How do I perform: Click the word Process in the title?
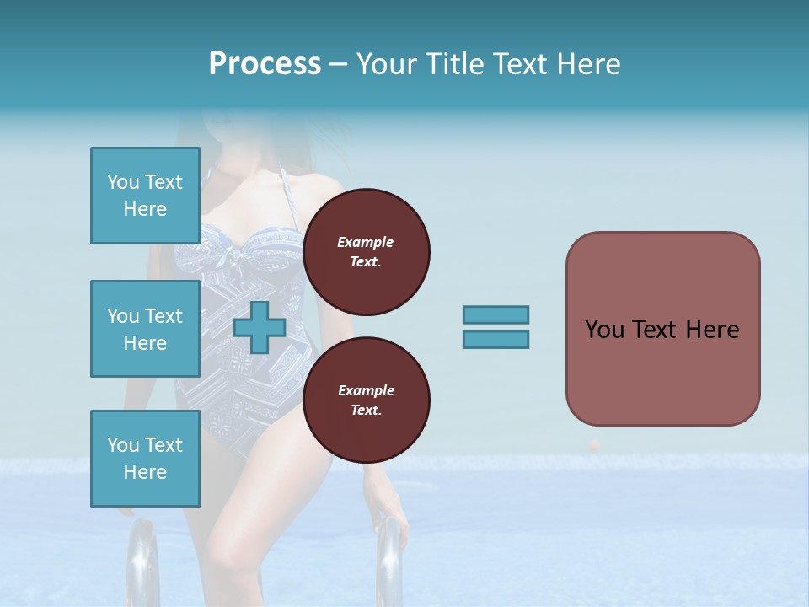(x=265, y=64)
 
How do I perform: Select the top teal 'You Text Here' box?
(x=145, y=196)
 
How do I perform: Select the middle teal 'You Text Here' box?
(x=145, y=329)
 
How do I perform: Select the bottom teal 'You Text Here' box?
(x=145, y=458)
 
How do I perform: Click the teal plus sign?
(x=260, y=327)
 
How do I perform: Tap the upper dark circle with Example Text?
(x=366, y=252)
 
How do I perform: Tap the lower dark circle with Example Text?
(x=366, y=400)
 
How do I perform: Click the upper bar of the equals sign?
(x=496, y=314)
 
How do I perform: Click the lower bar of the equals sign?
(x=496, y=339)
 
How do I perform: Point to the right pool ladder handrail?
(x=389, y=556)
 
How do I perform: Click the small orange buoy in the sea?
(x=595, y=444)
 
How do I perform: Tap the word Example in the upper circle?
(x=365, y=242)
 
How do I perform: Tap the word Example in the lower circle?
(x=365, y=390)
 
